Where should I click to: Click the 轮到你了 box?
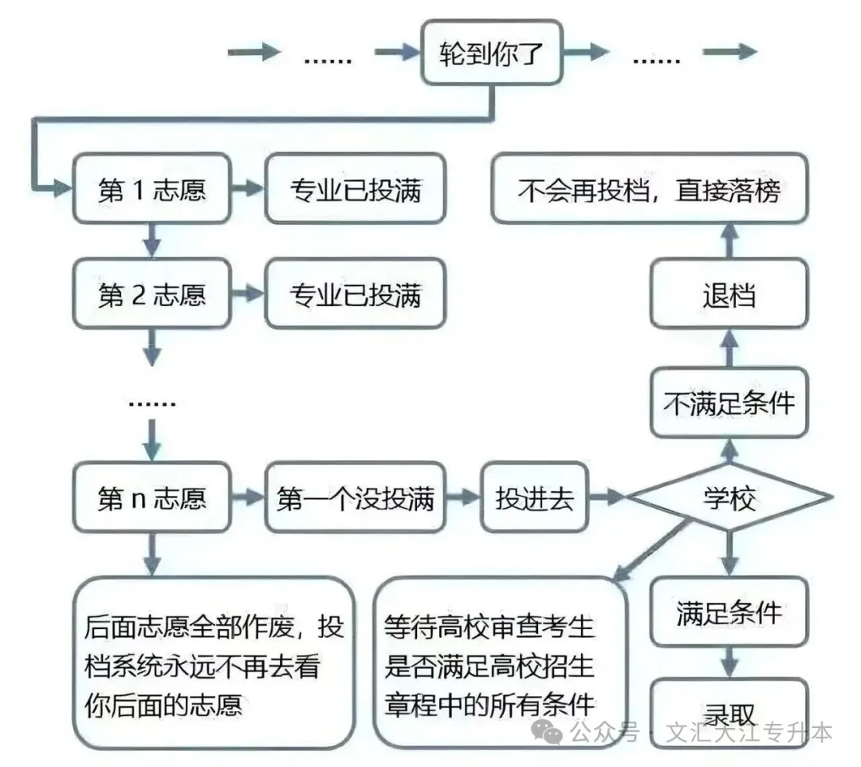point(491,54)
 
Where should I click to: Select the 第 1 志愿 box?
point(151,190)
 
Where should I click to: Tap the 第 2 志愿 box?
point(151,294)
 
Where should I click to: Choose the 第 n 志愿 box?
point(151,498)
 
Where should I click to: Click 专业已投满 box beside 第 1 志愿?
point(355,190)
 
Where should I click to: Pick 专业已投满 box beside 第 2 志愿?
point(355,294)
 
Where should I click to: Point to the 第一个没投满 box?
point(355,498)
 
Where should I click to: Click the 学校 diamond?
point(729,498)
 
